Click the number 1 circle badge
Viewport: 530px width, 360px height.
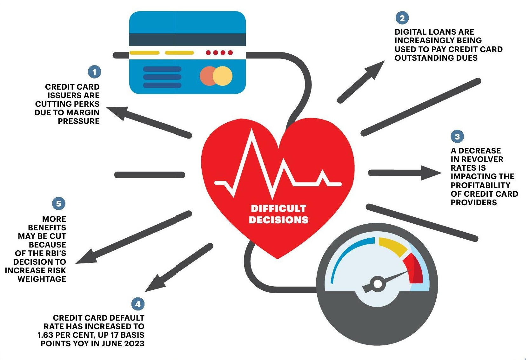point(94,72)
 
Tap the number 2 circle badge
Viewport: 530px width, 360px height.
point(402,18)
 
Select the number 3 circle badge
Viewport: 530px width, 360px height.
point(457,137)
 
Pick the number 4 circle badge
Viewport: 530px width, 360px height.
point(138,304)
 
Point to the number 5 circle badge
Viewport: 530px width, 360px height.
point(59,204)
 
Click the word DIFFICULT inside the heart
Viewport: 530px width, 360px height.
point(278,208)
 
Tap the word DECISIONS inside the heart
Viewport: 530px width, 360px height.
point(278,220)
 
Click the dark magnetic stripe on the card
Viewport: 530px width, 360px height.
point(187,40)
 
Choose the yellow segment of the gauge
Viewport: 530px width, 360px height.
point(392,246)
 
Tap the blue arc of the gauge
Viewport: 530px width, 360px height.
point(346,254)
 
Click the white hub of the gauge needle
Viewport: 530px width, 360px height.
point(378,284)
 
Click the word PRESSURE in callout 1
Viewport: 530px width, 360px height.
point(78,121)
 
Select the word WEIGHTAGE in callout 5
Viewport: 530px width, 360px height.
point(42,279)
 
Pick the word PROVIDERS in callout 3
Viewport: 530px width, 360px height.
point(473,202)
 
